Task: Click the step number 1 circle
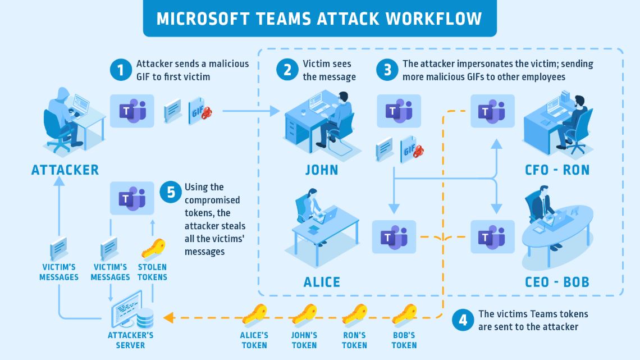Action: (x=120, y=70)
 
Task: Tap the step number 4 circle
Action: (x=463, y=320)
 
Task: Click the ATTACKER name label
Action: (x=65, y=170)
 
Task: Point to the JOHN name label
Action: (x=322, y=170)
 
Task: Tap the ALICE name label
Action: (x=322, y=281)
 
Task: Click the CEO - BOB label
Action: (x=557, y=281)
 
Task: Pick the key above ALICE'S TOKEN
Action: (x=254, y=315)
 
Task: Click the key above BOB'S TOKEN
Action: (x=404, y=315)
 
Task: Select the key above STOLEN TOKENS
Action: (x=153, y=249)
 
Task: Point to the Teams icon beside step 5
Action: (x=132, y=198)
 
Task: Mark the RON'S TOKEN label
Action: (x=354, y=340)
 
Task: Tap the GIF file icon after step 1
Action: (x=200, y=111)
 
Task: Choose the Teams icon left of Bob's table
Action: (x=492, y=237)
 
